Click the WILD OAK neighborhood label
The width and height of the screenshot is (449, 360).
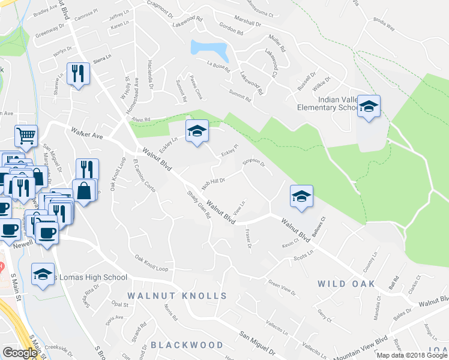point(346,283)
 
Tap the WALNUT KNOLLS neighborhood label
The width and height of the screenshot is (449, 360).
point(177,296)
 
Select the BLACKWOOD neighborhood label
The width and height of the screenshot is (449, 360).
point(178,345)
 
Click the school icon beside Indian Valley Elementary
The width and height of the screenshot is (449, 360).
point(369,107)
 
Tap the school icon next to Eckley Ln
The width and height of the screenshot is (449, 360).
point(196,132)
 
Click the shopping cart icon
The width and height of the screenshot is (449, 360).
point(26,136)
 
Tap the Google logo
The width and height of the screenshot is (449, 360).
point(20,353)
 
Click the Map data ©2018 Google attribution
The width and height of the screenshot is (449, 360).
point(412,355)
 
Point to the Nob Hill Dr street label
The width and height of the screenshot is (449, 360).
point(212,184)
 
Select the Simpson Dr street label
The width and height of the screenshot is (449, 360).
point(253,163)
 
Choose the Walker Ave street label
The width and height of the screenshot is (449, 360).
point(86,133)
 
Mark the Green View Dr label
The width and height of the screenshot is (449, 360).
point(282,288)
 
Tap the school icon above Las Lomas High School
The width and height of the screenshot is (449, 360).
point(42,275)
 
